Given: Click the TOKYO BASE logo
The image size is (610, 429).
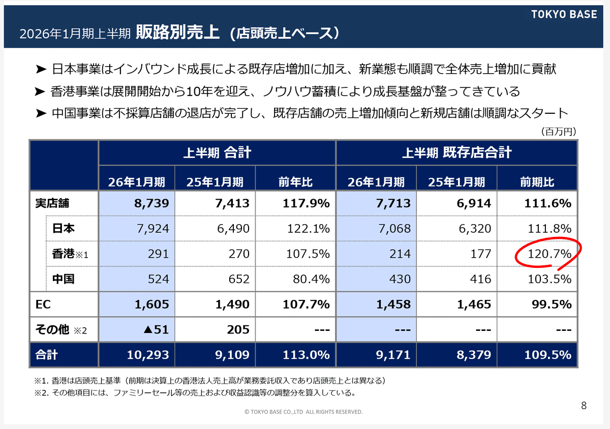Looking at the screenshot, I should [564, 14].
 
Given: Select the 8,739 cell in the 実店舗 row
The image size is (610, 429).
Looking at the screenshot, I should [151, 204].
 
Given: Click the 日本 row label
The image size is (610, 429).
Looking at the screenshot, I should [63, 229].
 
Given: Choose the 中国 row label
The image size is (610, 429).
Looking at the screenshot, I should [63, 279].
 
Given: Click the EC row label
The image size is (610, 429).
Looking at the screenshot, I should [43, 304].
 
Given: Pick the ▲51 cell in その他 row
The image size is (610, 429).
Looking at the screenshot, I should [156, 329].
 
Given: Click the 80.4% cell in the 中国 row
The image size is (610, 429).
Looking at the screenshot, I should [312, 279].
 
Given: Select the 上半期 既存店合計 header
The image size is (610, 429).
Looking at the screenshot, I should [456, 152].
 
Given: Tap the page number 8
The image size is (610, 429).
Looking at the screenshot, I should [584, 405].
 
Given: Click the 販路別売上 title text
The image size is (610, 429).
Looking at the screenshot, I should [177, 33].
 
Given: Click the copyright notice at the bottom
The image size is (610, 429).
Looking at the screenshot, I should [303, 412].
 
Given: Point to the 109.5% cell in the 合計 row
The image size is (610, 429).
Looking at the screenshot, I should [550, 355].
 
